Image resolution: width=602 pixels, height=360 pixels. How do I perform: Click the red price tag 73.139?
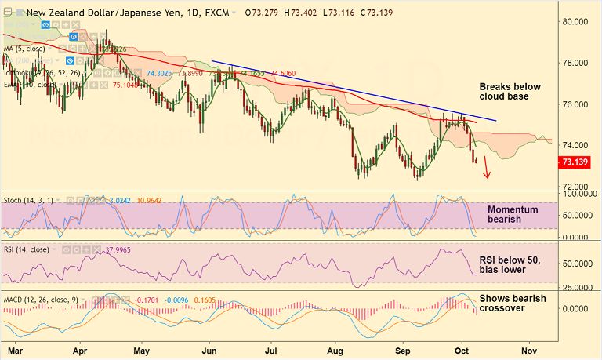pos(578,162)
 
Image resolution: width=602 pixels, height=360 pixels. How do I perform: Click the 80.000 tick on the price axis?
pos(579,22)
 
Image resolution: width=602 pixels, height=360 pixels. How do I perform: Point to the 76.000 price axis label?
pos(579,104)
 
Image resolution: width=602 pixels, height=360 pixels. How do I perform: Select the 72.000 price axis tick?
pos(579,187)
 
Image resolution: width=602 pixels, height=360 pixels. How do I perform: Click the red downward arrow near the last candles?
pos(487,167)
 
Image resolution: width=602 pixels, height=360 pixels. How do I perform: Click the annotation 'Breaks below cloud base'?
pos(510,91)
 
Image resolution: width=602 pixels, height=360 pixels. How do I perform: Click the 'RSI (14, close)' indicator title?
pos(27,250)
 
